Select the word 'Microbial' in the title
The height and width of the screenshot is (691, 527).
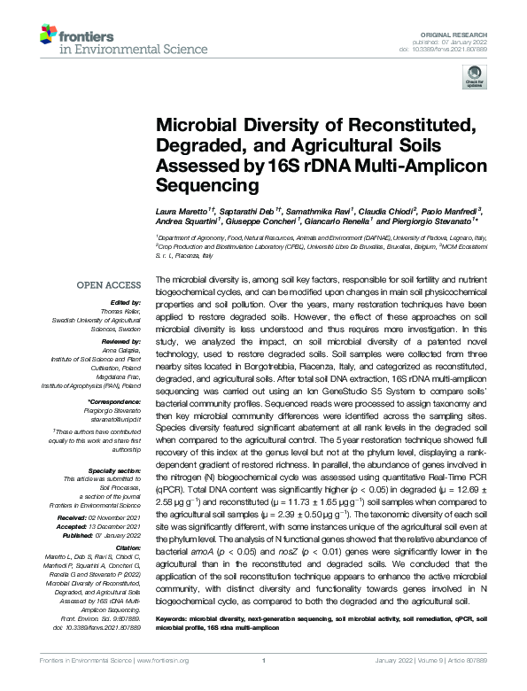[194, 124]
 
